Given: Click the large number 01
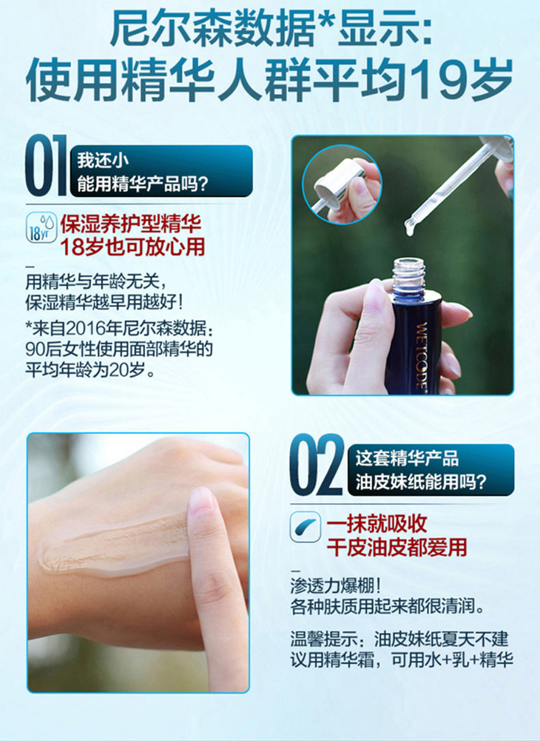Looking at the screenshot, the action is (x=46, y=165).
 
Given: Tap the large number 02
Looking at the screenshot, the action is (x=317, y=466).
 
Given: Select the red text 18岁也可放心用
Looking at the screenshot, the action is (x=132, y=247).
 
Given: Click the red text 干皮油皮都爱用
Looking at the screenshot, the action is (x=396, y=548).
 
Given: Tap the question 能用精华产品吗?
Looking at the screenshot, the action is (x=143, y=184).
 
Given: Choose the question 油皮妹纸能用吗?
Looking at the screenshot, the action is (x=421, y=483).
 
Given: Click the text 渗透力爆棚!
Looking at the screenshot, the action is (x=336, y=586).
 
